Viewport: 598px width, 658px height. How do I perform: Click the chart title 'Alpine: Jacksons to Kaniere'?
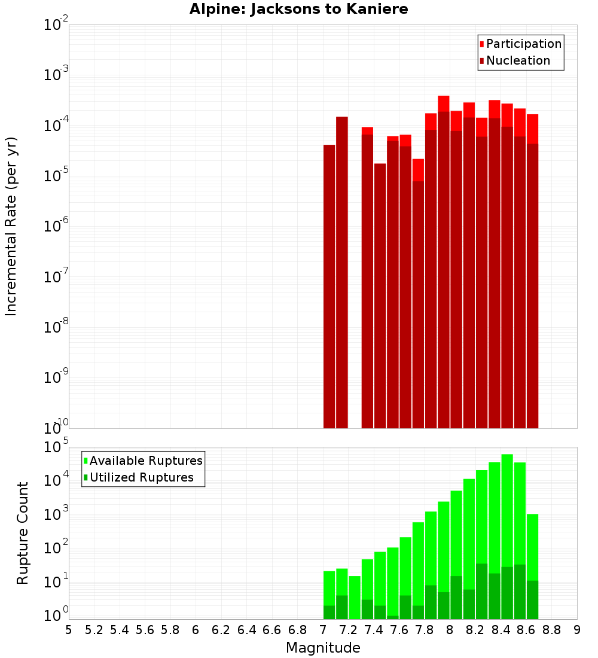pyautogui.click(x=298, y=10)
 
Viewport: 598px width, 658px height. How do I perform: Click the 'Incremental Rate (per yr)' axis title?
pyautogui.click(x=11, y=226)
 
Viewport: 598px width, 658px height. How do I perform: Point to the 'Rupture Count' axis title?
pyautogui.click(x=23, y=533)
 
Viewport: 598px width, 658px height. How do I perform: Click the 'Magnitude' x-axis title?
pyautogui.click(x=323, y=648)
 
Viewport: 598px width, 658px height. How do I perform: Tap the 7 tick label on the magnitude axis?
pyautogui.click(x=323, y=629)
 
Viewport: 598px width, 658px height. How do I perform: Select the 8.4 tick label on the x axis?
pyautogui.click(x=501, y=629)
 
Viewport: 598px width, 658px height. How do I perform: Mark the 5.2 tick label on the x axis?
pyautogui.click(x=94, y=629)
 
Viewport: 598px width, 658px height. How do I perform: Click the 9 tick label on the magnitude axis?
pyautogui.click(x=577, y=629)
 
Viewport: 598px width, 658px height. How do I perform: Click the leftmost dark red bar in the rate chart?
pyautogui.click(x=329, y=287)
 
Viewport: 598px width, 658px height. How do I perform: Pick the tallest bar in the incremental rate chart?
pyautogui.click(x=443, y=263)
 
